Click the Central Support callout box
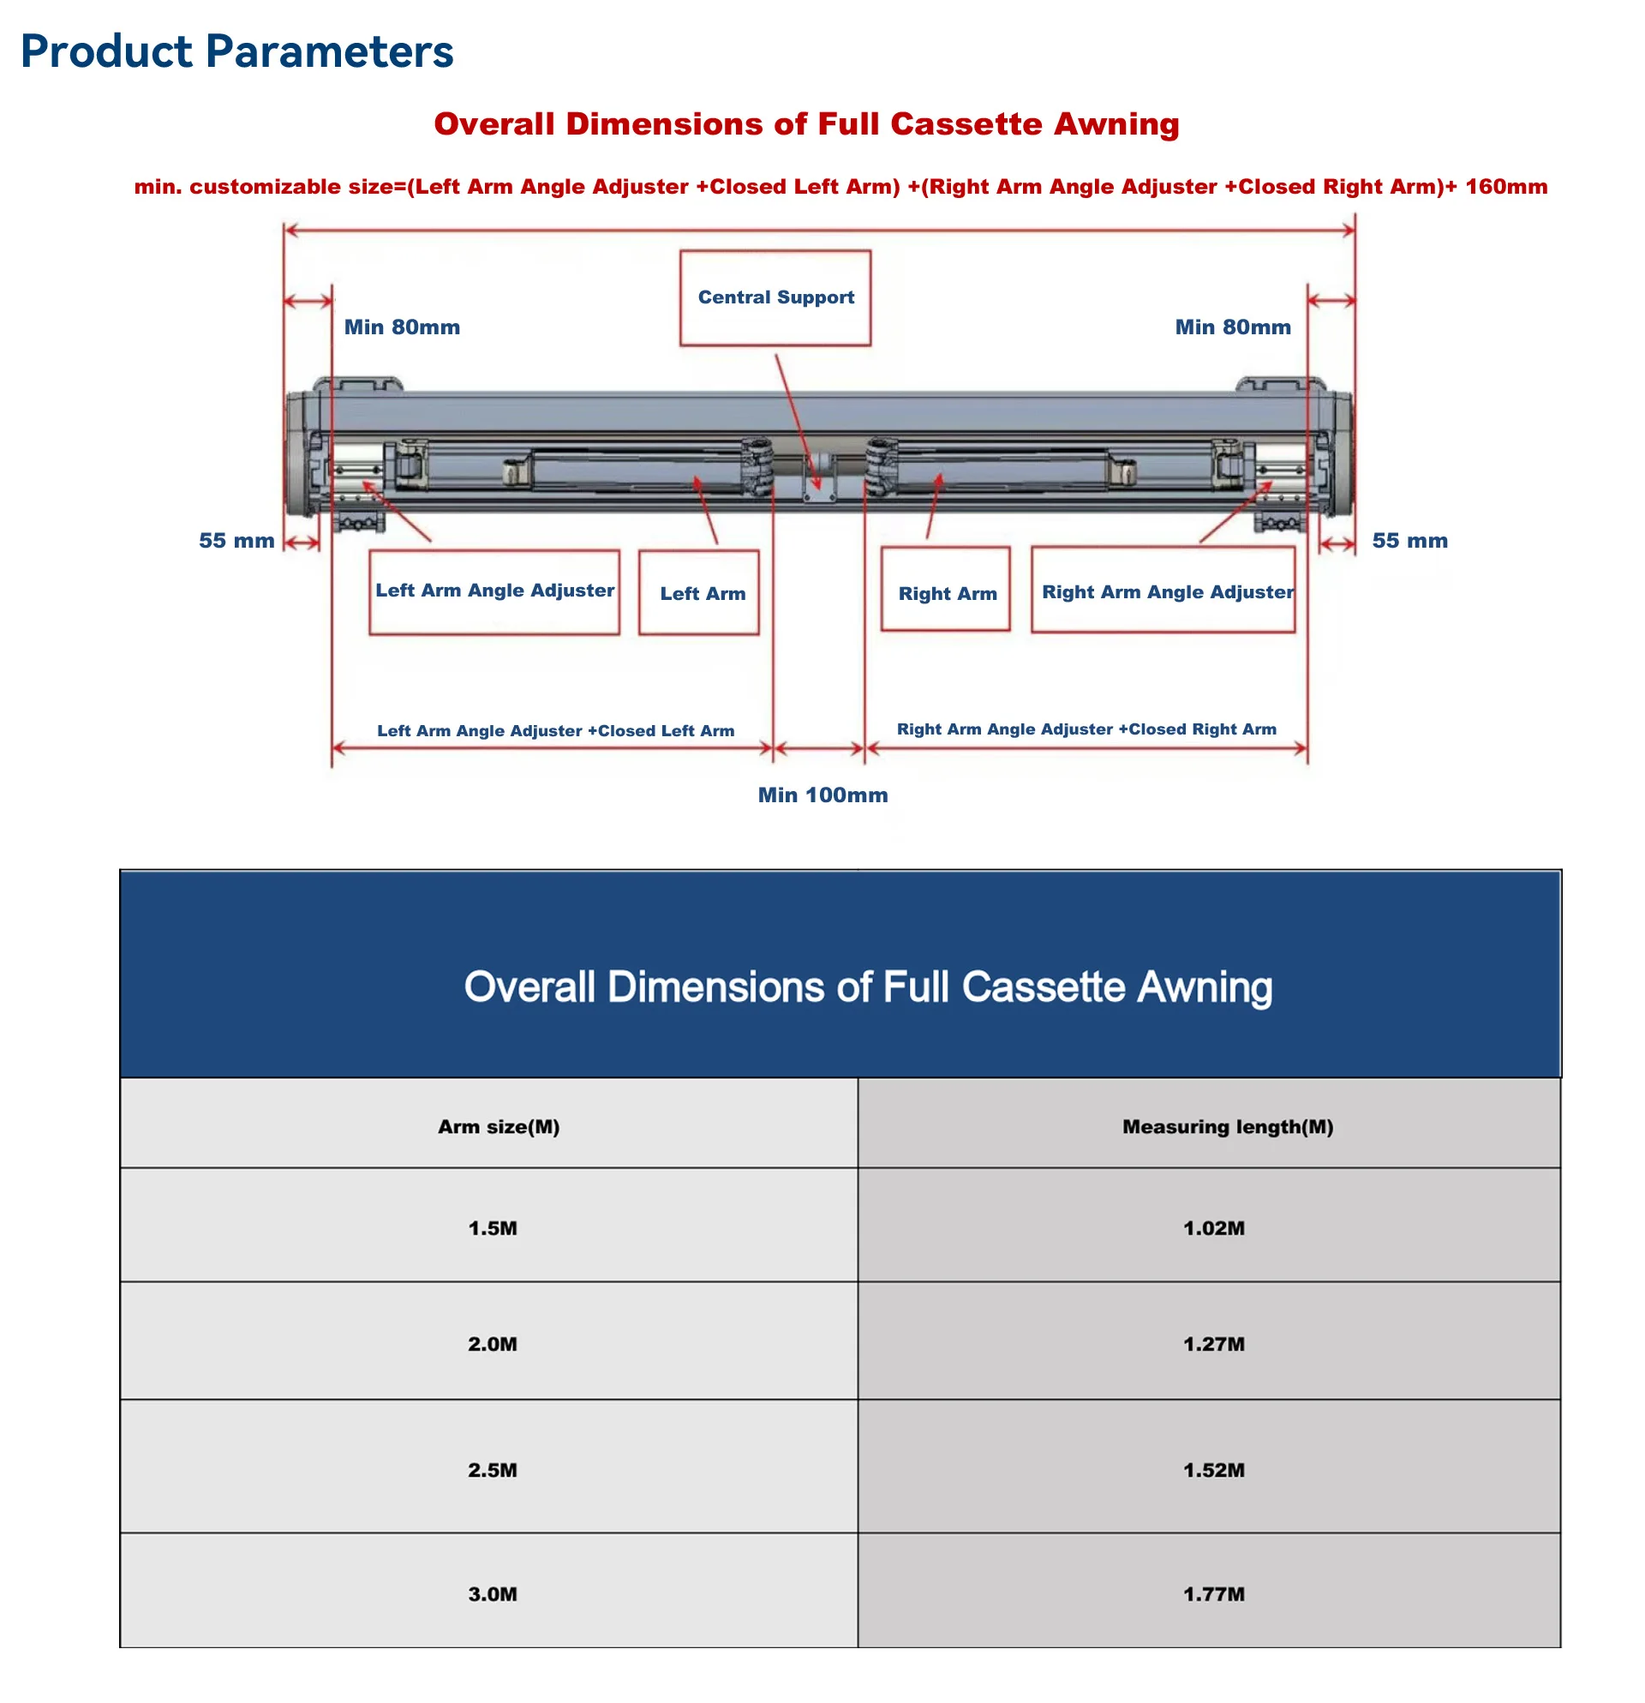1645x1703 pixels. pyautogui.click(x=775, y=298)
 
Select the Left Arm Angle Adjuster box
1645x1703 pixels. pyautogui.click(x=494, y=591)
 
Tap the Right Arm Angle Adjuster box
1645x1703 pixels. pyautogui.click(x=1163, y=589)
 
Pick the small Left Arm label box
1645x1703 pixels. pyautogui.click(x=698, y=591)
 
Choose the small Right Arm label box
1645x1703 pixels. pyautogui.click(x=945, y=588)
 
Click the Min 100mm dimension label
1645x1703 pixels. pyautogui.click(x=822, y=795)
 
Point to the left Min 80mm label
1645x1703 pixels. pyautogui.click(x=402, y=327)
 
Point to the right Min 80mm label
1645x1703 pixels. pyautogui.click(x=1232, y=327)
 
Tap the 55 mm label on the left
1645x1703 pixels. pyautogui.click(x=236, y=541)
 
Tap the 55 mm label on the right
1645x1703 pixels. pyautogui.click(x=1409, y=541)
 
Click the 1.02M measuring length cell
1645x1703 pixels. pyautogui.click(x=1209, y=1224)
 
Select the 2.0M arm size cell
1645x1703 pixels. pyautogui.click(x=489, y=1340)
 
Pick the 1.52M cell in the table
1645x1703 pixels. pyautogui.click(x=1209, y=1466)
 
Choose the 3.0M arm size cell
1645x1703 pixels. pyautogui.click(x=489, y=1590)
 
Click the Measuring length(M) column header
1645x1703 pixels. pyautogui.click(x=1209, y=1123)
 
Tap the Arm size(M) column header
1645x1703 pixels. pyautogui.click(x=489, y=1123)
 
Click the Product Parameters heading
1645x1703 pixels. pyautogui.click(x=237, y=51)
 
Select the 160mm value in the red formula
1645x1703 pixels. pyautogui.click(x=1506, y=187)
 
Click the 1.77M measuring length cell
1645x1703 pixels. pyautogui.click(x=1209, y=1590)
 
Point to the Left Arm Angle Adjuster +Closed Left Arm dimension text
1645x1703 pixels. pyautogui.click(x=556, y=731)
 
